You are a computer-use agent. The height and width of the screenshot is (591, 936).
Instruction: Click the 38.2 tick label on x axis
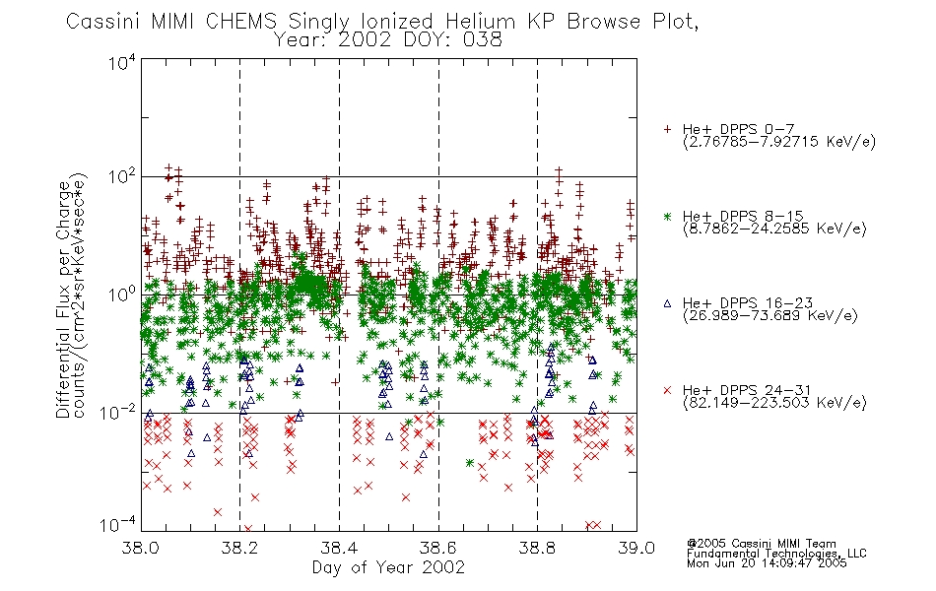click(239, 548)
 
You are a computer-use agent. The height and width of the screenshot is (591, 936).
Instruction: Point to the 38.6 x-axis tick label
click(438, 548)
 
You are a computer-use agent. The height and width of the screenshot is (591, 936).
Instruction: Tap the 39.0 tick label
click(636, 548)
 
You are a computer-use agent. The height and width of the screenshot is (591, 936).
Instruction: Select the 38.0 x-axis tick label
click(141, 548)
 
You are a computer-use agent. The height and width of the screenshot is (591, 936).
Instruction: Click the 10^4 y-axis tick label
click(122, 62)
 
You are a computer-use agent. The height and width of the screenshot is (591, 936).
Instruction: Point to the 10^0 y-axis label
click(122, 295)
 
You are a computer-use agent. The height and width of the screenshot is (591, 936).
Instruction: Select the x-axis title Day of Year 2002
click(388, 567)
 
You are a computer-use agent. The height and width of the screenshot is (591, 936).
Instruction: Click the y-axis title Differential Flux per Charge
click(63, 299)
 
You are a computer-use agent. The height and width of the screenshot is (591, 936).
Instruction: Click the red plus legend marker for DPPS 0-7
click(667, 129)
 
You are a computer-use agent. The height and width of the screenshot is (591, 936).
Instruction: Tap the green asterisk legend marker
click(667, 216)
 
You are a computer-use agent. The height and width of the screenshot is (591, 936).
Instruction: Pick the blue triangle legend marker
click(667, 303)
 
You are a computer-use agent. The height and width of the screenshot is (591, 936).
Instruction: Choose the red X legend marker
click(667, 390)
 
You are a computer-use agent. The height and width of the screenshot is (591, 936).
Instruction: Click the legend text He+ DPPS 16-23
click(748, 303)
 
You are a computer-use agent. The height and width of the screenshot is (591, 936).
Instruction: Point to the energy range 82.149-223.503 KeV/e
click(774, 403)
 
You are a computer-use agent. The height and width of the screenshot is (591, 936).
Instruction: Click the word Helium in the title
click(481, 22)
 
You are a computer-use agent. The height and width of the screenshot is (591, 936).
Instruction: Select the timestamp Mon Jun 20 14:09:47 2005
click(767, 563)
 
